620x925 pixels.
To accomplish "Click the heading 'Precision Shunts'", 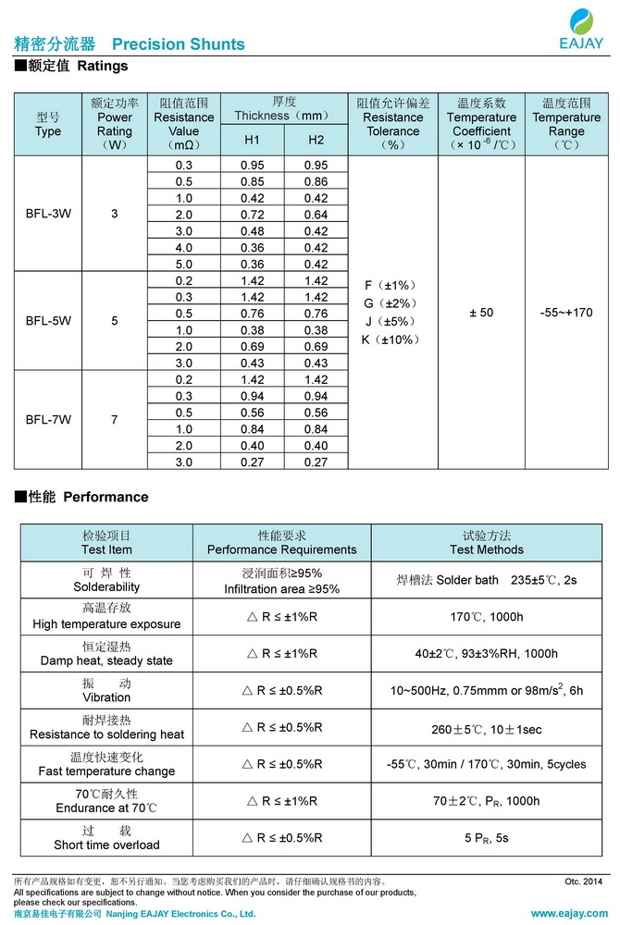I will (178, 44).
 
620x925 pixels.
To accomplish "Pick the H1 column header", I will (253, 139).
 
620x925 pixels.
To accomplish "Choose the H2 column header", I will (316, 139).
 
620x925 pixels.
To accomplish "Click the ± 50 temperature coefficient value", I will (481, 313).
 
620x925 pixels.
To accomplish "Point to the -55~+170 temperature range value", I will (565, 313).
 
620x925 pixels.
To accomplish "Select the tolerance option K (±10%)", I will (391, 339).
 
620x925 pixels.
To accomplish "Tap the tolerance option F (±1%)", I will (391, 285).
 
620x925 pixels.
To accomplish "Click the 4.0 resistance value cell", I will (184, 247).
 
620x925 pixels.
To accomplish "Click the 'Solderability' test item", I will (106, 586).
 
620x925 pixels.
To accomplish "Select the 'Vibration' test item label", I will (106, 697).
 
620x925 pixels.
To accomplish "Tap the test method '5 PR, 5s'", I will (486, 838).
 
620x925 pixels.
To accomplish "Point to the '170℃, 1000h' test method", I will (486, 617).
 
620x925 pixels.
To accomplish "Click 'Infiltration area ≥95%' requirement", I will (281, 589).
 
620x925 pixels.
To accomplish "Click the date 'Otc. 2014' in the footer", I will (583, 882).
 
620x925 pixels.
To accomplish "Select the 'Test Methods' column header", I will (486, 549).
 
